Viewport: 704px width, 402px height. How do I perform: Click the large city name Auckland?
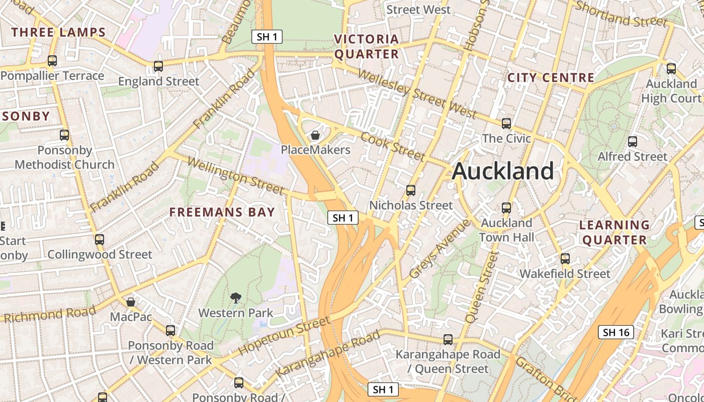pyautogui.click(x=503, y=171)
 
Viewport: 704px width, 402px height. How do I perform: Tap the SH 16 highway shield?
pyautogui.click(x=616, y=332)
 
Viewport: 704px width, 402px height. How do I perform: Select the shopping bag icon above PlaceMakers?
pyautogui.click(x=315, y=135)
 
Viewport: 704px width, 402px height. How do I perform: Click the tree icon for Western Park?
pyautogui.click(x=235, y=298)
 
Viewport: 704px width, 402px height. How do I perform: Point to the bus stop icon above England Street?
pyautogui.click(x=158, y=66)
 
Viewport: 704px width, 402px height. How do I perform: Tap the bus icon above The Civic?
pyautogui.click(x=506, y=123)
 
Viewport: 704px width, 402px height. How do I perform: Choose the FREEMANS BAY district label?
pyautogui.click(x=222, y=212)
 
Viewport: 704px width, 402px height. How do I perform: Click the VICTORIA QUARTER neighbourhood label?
pyautogui.click(x=367, y=46)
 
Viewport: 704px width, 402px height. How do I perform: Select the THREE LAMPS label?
pyautogui.click(x=59, y=33)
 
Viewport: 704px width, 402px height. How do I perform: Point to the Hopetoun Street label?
pyautogui.click(x=284, y=335)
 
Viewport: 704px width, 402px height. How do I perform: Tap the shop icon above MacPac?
pyautogui.click(x=131, y=302)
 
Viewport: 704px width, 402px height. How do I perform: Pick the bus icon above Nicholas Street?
pyautogui.click(x=411, y=190)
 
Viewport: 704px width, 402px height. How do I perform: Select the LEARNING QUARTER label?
pyautogui.click(x=614, y=232)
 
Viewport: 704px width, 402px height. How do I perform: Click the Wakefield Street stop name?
pyautogui.click(x=565, y=274)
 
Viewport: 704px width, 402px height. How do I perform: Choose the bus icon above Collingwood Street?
pyautogui.click(x=100, y=239)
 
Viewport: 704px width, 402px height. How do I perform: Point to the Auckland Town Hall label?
pyautogui.click(x=506, y=230)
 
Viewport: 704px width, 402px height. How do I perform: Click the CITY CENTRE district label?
pyautogui.click(x=551, y=78)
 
